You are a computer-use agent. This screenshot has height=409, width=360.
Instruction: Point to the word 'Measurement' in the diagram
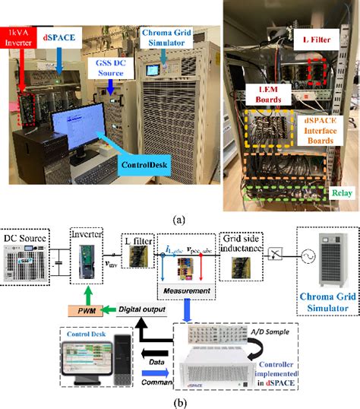[182, 290]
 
